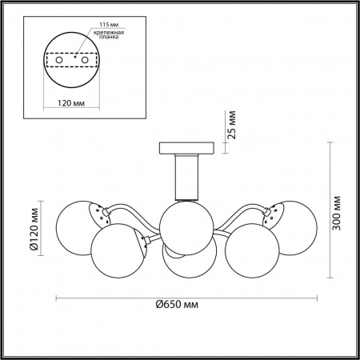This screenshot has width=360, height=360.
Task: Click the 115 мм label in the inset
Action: coord(109,25)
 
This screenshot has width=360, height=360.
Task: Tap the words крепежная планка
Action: coord(109,34)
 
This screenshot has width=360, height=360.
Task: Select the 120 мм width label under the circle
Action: coord(71,103)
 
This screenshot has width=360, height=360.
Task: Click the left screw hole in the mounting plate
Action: coord(59,60)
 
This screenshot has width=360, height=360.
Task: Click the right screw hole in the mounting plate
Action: coord(85,60)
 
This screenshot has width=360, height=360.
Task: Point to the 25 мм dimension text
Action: coord(232,125)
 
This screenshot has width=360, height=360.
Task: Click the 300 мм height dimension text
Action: coord(337,213)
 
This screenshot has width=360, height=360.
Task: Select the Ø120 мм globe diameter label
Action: coord(34,229)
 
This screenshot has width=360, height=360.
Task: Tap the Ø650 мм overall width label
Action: coord(177,304)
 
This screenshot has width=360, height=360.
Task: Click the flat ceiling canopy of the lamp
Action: coord(186,148)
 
